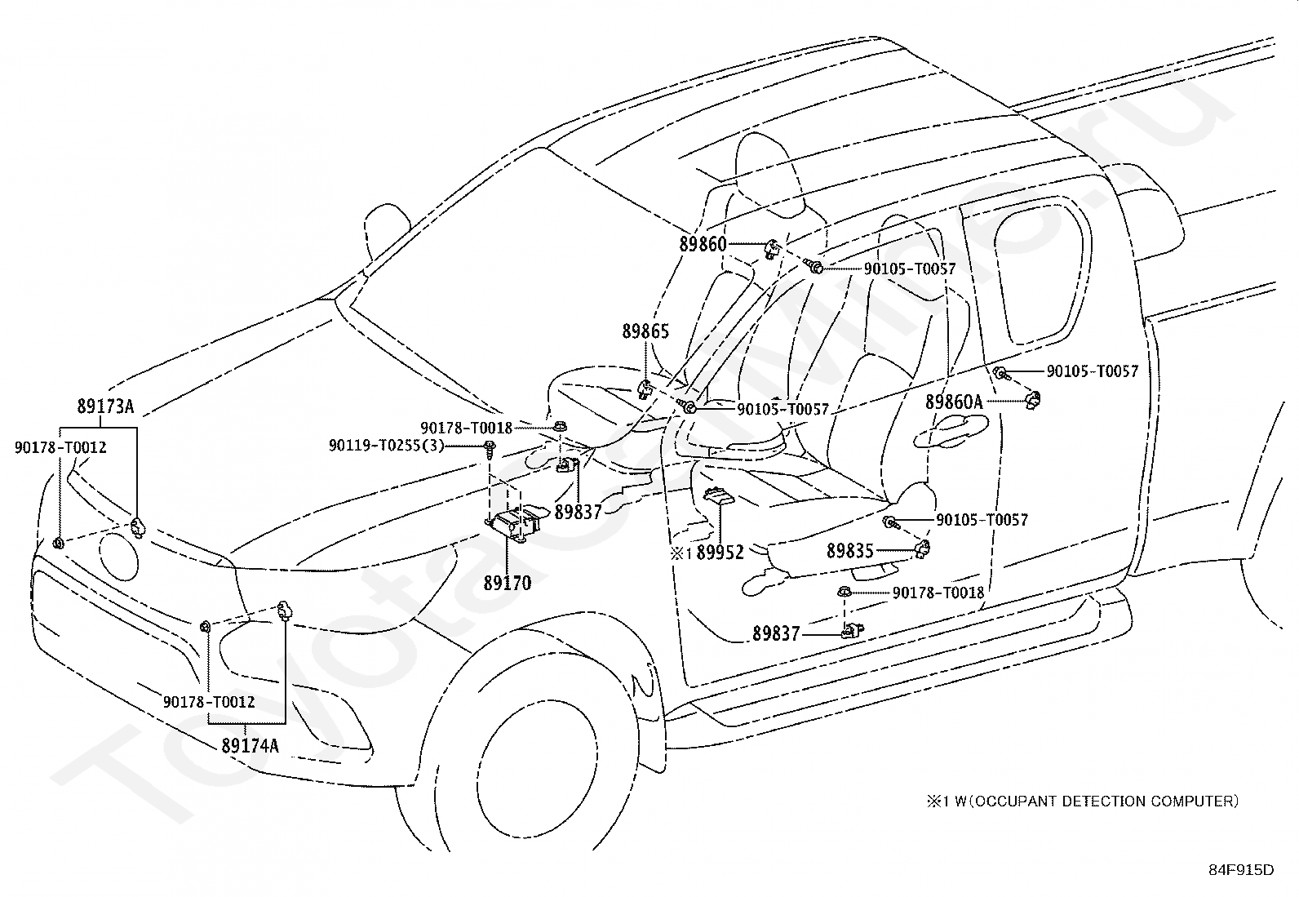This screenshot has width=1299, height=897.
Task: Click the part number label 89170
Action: [x=508, y=583]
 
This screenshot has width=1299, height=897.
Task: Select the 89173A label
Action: [x=105, y=406]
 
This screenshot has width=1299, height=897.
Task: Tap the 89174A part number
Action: [x=250, y=745]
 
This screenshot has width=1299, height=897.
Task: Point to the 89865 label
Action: [x=645, y=331]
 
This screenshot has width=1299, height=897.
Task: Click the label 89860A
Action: [x=954, y=402]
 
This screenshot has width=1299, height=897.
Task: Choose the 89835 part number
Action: [x=850, y=551]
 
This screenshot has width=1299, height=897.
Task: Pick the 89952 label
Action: [x=720, y=553]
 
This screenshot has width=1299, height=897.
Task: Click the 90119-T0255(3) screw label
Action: [x=386, y=446]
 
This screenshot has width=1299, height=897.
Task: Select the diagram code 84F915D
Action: [x=1241, y=870]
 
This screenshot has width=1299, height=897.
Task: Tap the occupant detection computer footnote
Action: [x=1082, y=802]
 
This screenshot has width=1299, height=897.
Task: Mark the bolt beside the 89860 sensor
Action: [x=815, y=268]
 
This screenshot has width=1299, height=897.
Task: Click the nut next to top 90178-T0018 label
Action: [x=559, y=426]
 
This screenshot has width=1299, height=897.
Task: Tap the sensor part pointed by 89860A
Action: [x=1032, y=399]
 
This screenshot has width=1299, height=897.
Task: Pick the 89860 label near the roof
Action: [x=703, y=244]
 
